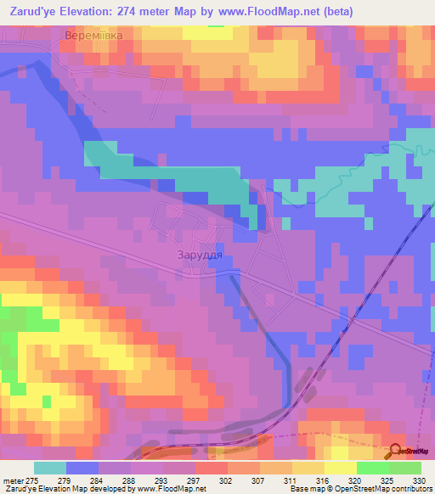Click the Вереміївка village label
pos(95,36)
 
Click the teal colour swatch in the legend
pos(50,469)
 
